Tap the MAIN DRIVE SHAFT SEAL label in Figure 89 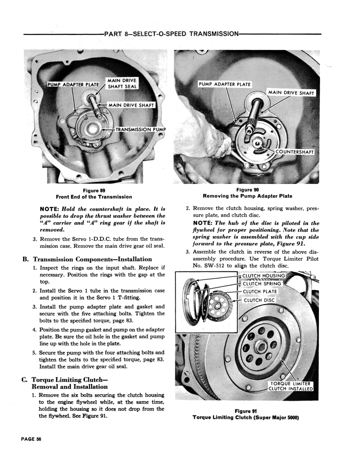point(122,84)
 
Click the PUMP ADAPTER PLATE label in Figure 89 point(73,84)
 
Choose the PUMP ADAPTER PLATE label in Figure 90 point(224,84)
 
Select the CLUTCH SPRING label point(262,283)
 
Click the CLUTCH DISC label point(259,300)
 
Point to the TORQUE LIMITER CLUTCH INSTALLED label point(291,386)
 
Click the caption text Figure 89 point(94,190)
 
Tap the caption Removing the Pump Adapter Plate point(247,196)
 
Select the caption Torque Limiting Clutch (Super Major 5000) point(246,417)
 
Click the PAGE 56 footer point(31,439)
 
